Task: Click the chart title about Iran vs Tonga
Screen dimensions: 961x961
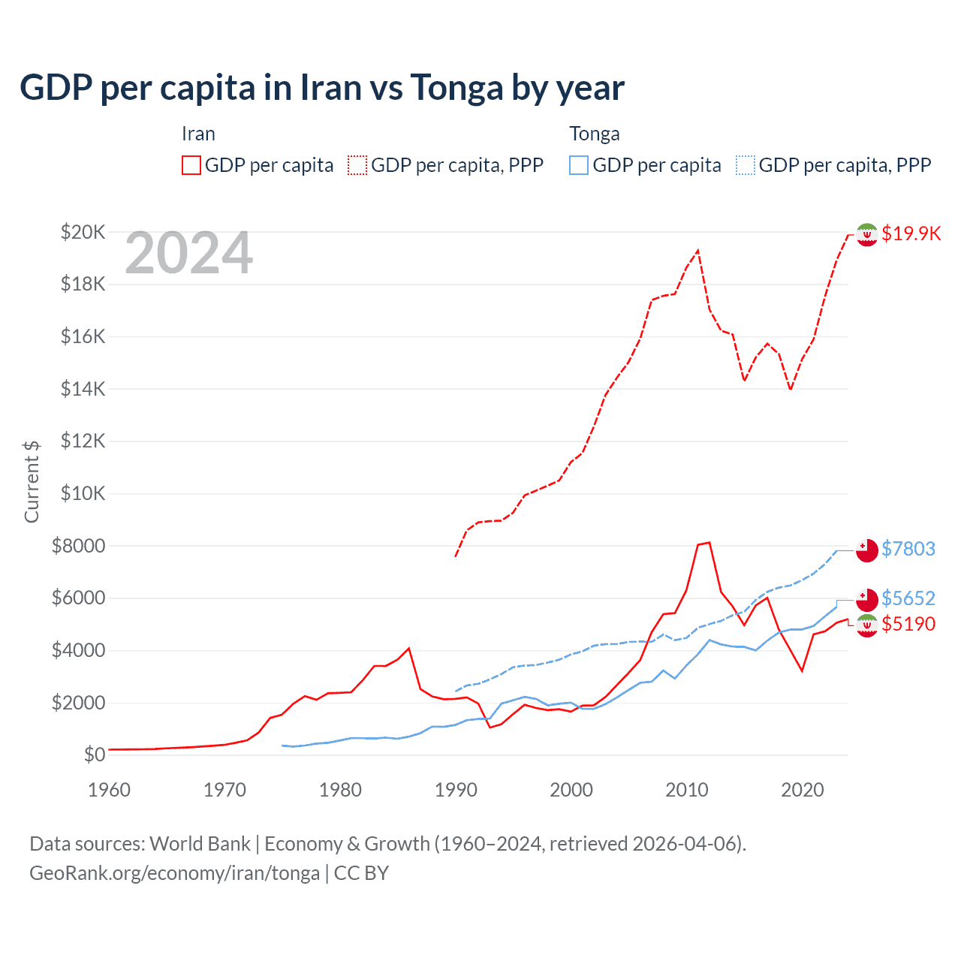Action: click(x=321, y=88)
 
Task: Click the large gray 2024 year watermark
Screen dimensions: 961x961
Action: click(x=188, y=253)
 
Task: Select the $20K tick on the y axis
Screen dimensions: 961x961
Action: click(x=83, y=232)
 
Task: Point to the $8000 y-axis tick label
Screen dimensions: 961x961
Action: click(x=78, y=546)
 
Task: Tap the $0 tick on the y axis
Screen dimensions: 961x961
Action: click(x=94, y=755)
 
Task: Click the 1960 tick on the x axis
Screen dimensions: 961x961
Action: click(x=109, y=790)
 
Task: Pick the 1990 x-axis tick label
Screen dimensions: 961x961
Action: click(x=456, y=790)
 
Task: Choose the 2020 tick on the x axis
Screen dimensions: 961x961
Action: click(x=803, y=790)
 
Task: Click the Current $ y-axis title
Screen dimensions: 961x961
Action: click(x=32, y=481)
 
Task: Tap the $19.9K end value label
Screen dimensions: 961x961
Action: click(x=911, y=233)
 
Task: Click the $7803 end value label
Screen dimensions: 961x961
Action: click(x=908, y=549)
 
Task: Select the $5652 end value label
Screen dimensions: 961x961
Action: click(x=908, y=598)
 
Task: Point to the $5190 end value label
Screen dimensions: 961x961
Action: click(x=908, y=624)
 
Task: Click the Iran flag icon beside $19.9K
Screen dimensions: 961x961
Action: click(x=867, y=234)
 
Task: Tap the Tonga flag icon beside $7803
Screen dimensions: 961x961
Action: click(x=867, y=550)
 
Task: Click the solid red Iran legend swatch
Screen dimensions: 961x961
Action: click(x=191, y=165)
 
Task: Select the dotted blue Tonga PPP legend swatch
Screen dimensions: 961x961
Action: click(x=746, y=165)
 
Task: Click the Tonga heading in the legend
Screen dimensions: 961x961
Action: click(x=595, y=134)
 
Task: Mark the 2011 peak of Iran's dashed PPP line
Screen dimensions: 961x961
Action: click(x=698, y=250)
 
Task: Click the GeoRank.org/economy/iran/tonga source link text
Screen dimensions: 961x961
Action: click(x=174, y=873)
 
